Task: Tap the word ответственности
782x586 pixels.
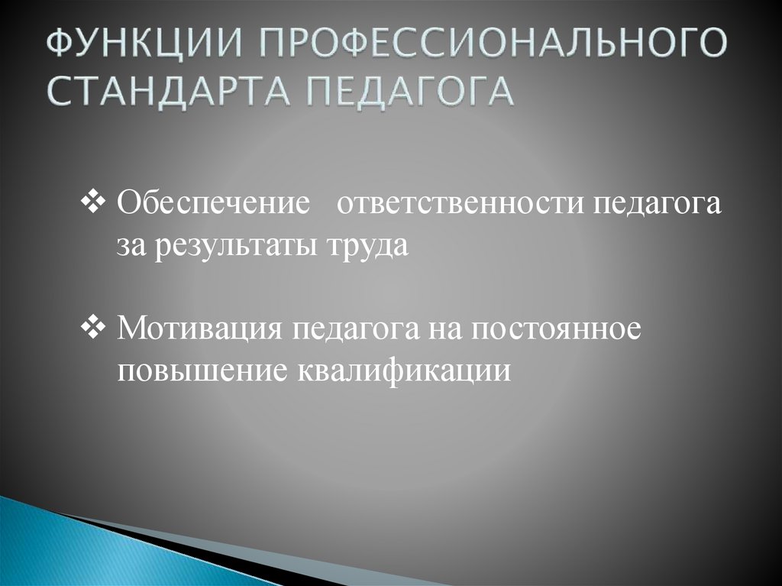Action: [x=455, y=207]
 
